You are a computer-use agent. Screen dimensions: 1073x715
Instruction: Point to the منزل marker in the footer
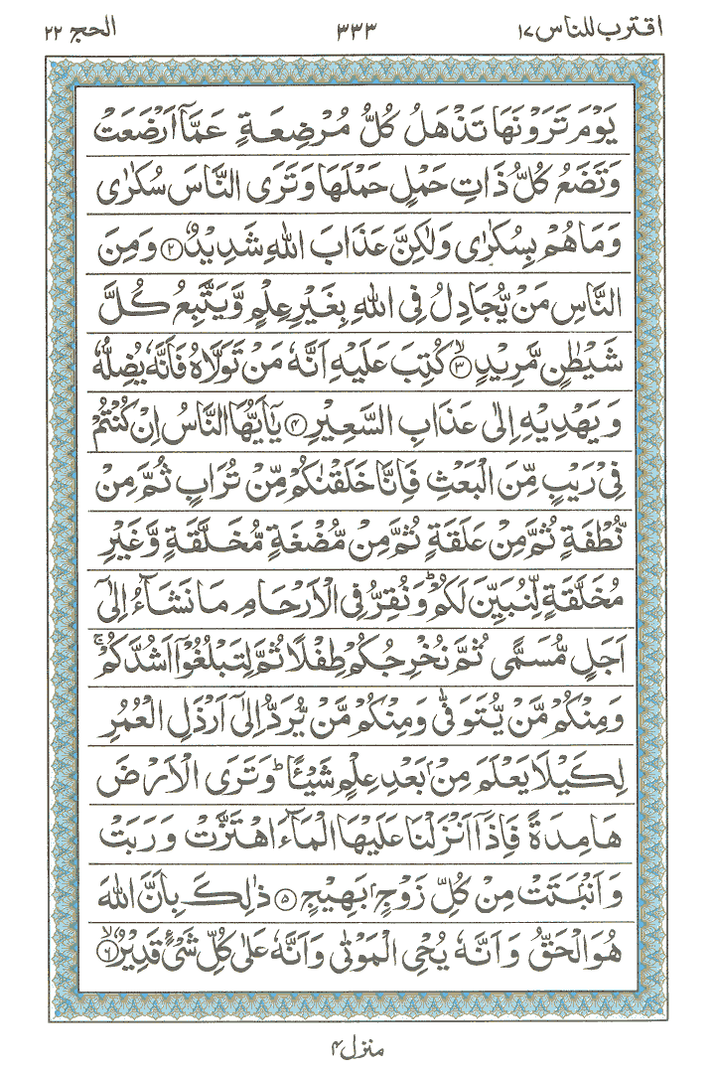357,1045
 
